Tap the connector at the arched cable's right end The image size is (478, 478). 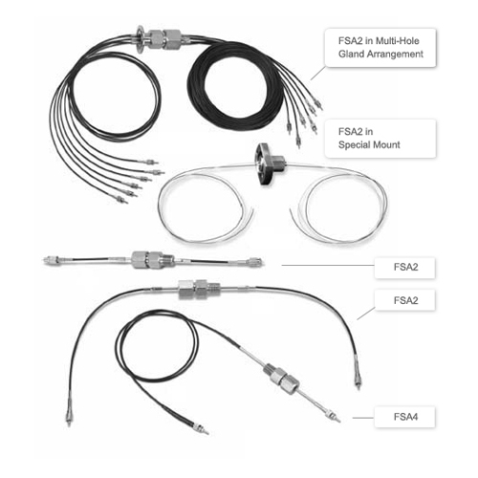[x=356, y=380]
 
